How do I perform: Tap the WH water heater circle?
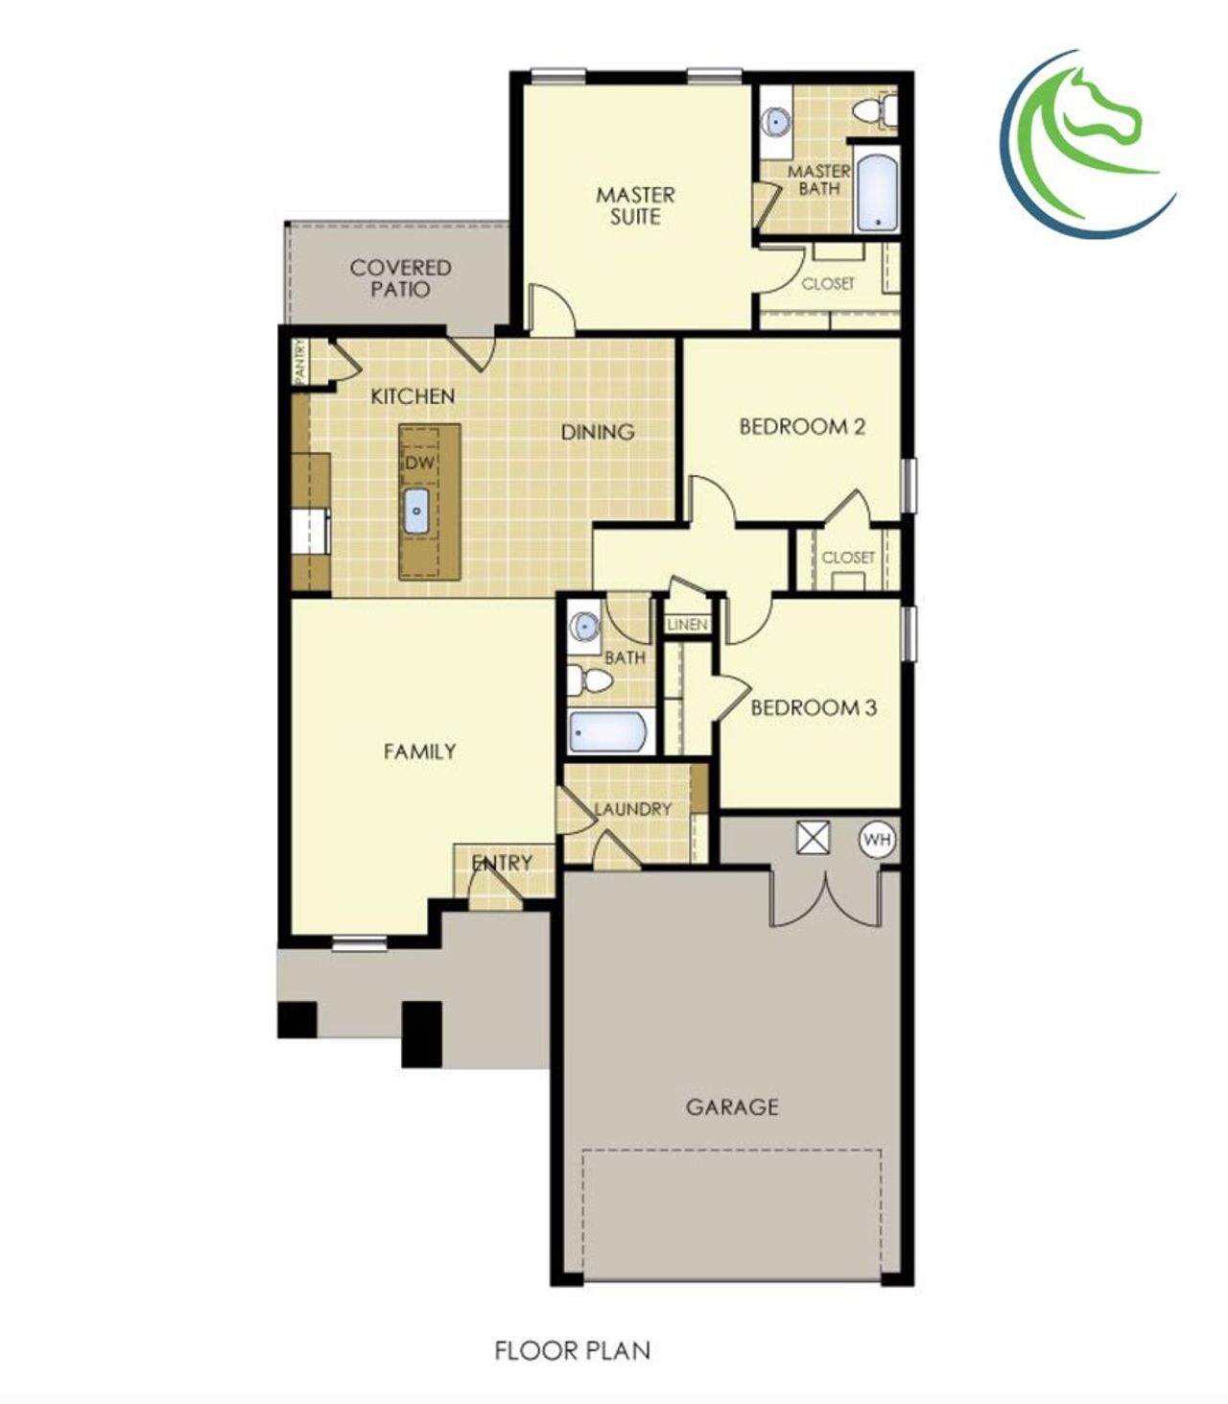[877, 840]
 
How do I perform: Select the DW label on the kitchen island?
[419, 463]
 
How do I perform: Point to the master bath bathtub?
[877, 192]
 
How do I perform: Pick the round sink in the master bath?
[774, 122]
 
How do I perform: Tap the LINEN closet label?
[688, 625]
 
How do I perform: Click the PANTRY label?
[300, 361]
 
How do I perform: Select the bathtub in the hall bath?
[609, 732]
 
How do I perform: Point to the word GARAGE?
[732, 1107]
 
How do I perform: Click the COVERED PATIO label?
[400, 278]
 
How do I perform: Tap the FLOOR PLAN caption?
[573, 1350]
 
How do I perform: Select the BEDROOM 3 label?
[814, 708]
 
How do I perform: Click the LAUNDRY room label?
[632, 809]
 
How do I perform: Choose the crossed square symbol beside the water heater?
[814, 838]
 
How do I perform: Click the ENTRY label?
[502, 863]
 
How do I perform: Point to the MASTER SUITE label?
[635, 205]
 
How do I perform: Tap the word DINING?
[598, 432]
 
